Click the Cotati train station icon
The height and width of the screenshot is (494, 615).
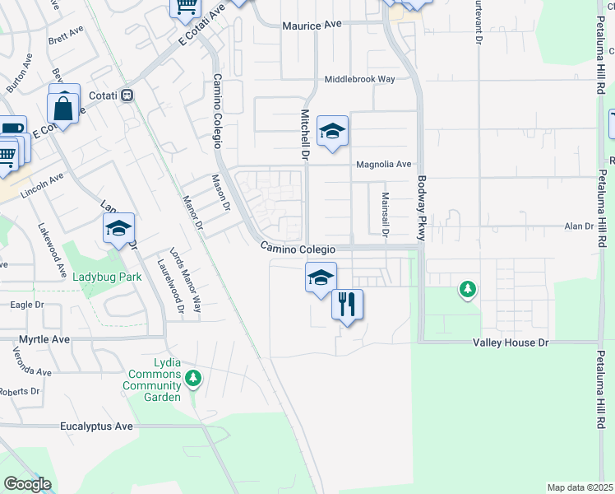127,96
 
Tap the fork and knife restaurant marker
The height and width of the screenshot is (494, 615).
347,304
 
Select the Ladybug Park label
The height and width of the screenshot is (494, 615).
107,277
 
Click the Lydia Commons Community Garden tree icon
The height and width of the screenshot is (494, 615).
192,379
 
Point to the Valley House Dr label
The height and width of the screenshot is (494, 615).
503,342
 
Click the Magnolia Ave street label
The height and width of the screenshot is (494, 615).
382,165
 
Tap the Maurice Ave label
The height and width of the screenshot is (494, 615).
312,26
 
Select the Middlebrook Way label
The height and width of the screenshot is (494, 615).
359,79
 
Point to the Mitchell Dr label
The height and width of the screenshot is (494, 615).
304,136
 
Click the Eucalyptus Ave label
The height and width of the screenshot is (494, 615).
96,426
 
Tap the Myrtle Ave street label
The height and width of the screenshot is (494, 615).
46,338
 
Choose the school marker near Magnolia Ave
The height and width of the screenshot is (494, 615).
332,132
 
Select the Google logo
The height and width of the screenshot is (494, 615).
27,484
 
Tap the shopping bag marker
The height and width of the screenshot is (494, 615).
63,107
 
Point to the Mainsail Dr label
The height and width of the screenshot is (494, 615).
385,214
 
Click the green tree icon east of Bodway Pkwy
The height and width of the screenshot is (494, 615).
468,289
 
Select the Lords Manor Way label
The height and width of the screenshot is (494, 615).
173,280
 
